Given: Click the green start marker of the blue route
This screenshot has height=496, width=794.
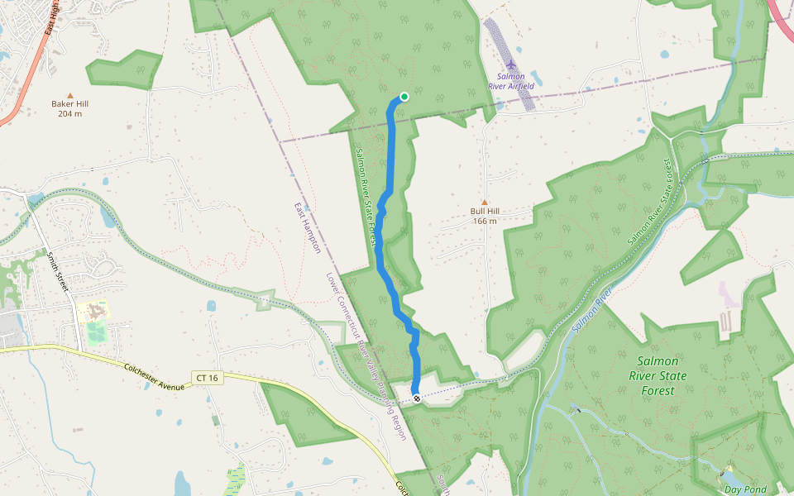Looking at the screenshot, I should click(404, 97).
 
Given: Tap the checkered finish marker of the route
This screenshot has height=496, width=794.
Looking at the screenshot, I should click(416, 398).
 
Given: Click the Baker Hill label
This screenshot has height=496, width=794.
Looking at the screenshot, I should click(69, 104).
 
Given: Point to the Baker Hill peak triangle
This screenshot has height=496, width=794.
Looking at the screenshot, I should click(69, 95).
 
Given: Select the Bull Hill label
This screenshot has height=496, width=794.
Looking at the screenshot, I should click(485, 211).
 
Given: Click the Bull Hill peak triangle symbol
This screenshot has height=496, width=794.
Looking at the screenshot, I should click(485, 202).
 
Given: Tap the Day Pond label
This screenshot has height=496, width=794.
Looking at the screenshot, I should click(745, 489).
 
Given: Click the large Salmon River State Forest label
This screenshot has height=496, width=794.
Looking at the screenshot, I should click(658, 375).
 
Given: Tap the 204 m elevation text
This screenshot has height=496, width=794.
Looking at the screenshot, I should click(69, 114).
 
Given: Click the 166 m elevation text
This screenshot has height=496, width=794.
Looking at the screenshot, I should click(485, 221).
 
